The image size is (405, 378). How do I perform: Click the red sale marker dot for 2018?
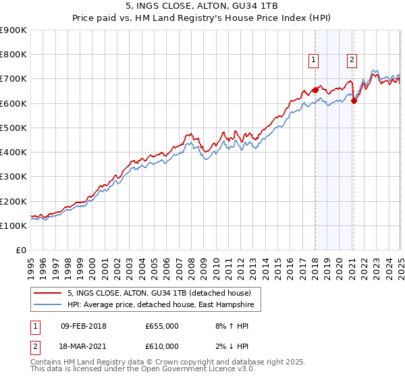[x=315, y=90]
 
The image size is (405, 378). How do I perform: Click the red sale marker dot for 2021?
[x=354, y=101]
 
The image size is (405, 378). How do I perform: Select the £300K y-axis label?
[x=13, y=177]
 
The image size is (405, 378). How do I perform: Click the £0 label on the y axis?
[x=20, y=250]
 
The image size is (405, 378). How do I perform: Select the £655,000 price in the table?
[x=162, y=326]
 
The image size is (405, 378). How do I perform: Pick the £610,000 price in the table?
[x=162, y=346]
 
